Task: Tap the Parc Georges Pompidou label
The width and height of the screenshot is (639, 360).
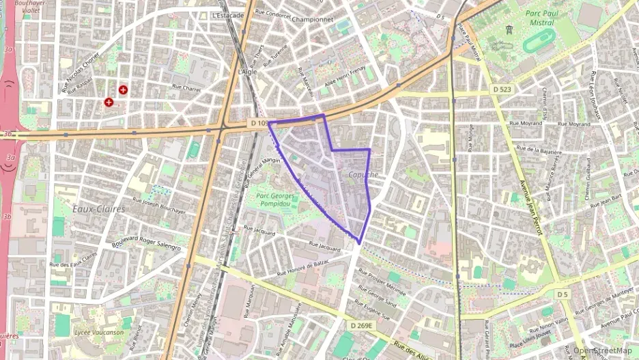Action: (x=275, y=199)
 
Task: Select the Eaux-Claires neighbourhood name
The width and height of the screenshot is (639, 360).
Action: (x=98, y=209)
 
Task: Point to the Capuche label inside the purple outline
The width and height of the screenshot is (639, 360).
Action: (x=363, y=175)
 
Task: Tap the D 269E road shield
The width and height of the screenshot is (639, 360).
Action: (x=361, y=326)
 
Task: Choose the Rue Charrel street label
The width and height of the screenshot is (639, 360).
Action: (x=186, y=87)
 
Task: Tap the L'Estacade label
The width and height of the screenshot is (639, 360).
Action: (x=228, y=15)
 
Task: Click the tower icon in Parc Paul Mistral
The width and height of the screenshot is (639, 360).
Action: (x=509, y=30)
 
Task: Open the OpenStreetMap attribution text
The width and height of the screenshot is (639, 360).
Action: (x=602, y=350)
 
